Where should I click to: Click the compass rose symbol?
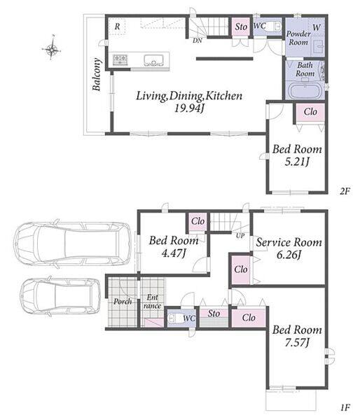pyautogui.click(x=52, y=48)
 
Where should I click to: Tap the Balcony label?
pyautogui.click(x=97, y=74)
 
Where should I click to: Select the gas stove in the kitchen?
pyautogui.click(x=120, y=59)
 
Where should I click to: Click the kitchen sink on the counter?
pyautogui.click(x=153, y=60)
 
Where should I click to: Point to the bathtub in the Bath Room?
pyautogui.click(x=305, y=91)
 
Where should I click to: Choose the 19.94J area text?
pyautogui.click(x=190, y=108)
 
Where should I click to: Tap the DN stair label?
pyautogui.click(x=198, y=41)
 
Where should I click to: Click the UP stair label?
pyautogui.click(x=240, y=236)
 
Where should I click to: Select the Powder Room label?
pyautogui.click(x=298, y=38)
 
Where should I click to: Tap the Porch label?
pyautogui.click(x=123, y=302)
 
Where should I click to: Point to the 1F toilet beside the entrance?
pyautogui.click(x=174, y=318)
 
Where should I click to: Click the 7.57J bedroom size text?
pyautogui.click(x=297, y=342)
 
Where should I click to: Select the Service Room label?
pyautogui.click(x=289, y=242)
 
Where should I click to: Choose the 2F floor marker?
pyautogui.click(x=345, y=191)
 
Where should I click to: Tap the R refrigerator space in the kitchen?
pyautogui.click(x=117, y=27)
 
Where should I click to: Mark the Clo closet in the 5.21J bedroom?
pyautogui.click(x=310, y=112)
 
